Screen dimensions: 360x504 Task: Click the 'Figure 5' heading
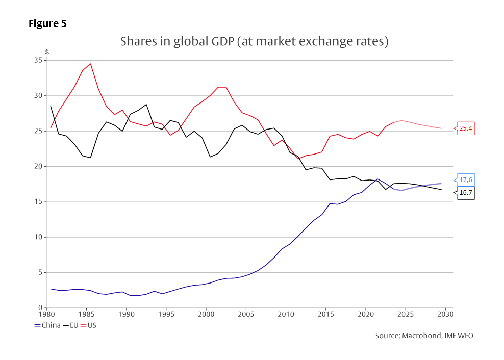(x=47, y=23)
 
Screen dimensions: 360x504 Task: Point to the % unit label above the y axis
(x=46, y=52)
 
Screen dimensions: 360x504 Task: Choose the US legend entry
(x=92, y=325)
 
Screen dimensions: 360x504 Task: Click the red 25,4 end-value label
(x=466, y=128)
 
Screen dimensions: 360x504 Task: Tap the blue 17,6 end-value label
(x=466, y=180)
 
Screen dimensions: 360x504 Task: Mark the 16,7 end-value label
(x=466, y=193)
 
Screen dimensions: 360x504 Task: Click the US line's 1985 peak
(x=90, y=64)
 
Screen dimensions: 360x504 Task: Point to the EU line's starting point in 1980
(x=51, y=106)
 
